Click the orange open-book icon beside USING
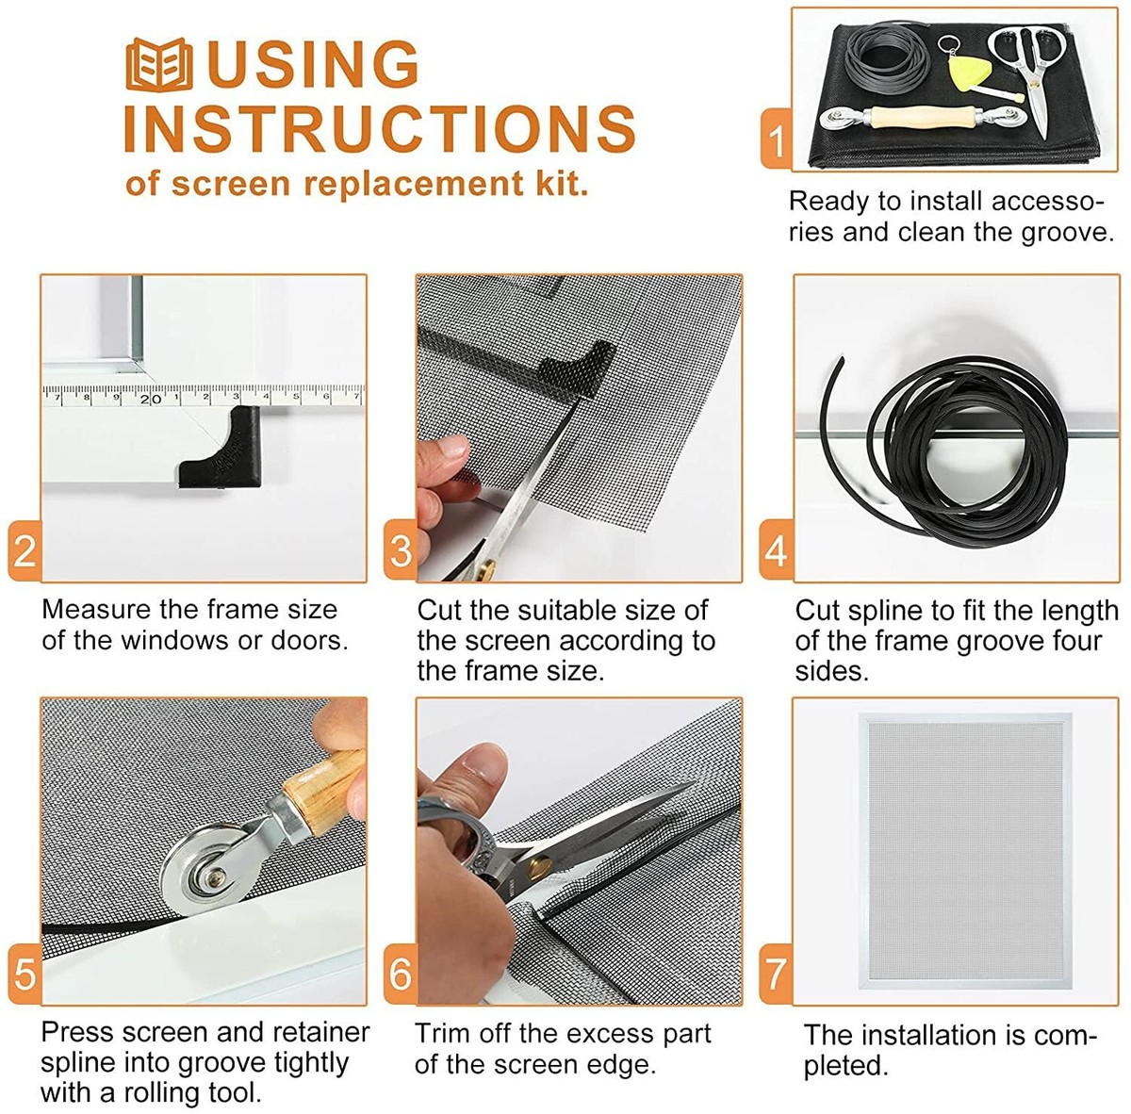point(159,65)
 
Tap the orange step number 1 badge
point(776,139)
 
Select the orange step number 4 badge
point(776,550)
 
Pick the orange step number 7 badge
point(776,974)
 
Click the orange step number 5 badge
point(25,974)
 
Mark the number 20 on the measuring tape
point(150,399)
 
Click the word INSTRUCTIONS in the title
point(380,128)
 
